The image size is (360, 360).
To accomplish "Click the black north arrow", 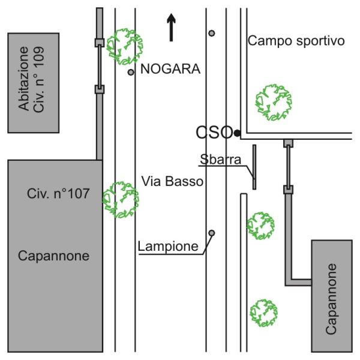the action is [171, 28].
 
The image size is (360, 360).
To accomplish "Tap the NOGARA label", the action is [170, 69].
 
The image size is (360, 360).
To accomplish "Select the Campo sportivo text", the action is [296, 41].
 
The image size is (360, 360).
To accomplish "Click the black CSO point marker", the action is [237, 133].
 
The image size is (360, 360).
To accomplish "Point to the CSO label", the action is [214, 133].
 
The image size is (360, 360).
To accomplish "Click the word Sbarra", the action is [220, 159].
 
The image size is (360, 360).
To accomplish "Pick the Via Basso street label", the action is [172, 181].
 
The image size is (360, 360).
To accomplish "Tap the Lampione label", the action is [168, 247].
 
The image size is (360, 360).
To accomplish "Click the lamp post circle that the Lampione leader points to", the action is [212, 233].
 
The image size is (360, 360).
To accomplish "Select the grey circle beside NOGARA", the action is [131, 73].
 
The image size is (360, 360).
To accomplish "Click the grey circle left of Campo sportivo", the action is [212, 33].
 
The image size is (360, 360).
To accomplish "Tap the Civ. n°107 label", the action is [58, 194].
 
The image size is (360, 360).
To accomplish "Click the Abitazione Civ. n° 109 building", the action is [34, 83].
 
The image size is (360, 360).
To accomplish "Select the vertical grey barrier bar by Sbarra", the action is [254, 167].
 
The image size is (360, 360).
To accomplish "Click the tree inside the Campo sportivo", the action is [274, 103].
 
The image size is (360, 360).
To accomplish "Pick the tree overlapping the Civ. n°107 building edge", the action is [121, 200].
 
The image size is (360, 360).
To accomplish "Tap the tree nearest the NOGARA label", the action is [125, 47].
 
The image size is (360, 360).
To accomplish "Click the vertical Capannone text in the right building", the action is [331, 299].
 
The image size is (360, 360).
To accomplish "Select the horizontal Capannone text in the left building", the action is [53, 256].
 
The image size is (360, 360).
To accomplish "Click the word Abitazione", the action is [23, 79].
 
